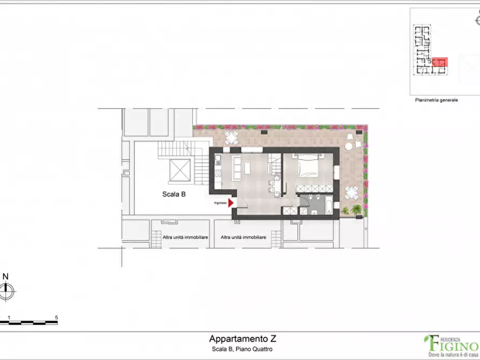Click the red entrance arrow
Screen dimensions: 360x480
click(x=231, y=203)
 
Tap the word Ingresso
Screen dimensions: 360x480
click(x=220, y=203)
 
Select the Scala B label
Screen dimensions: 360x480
click(x=174, y=195)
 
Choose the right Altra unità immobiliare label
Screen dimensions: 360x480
click(x=244, y=237)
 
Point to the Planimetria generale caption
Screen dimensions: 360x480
click(x=436, y=100)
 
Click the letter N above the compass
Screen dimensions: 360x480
click(x=5, y=277)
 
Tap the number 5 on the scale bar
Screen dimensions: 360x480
click(x=56, y=318)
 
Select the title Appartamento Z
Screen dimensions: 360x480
click(x=243, y=339)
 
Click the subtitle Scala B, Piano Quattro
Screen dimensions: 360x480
click(x=242, y=349)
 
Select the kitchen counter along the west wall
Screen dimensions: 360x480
click(x=218, y=171)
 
